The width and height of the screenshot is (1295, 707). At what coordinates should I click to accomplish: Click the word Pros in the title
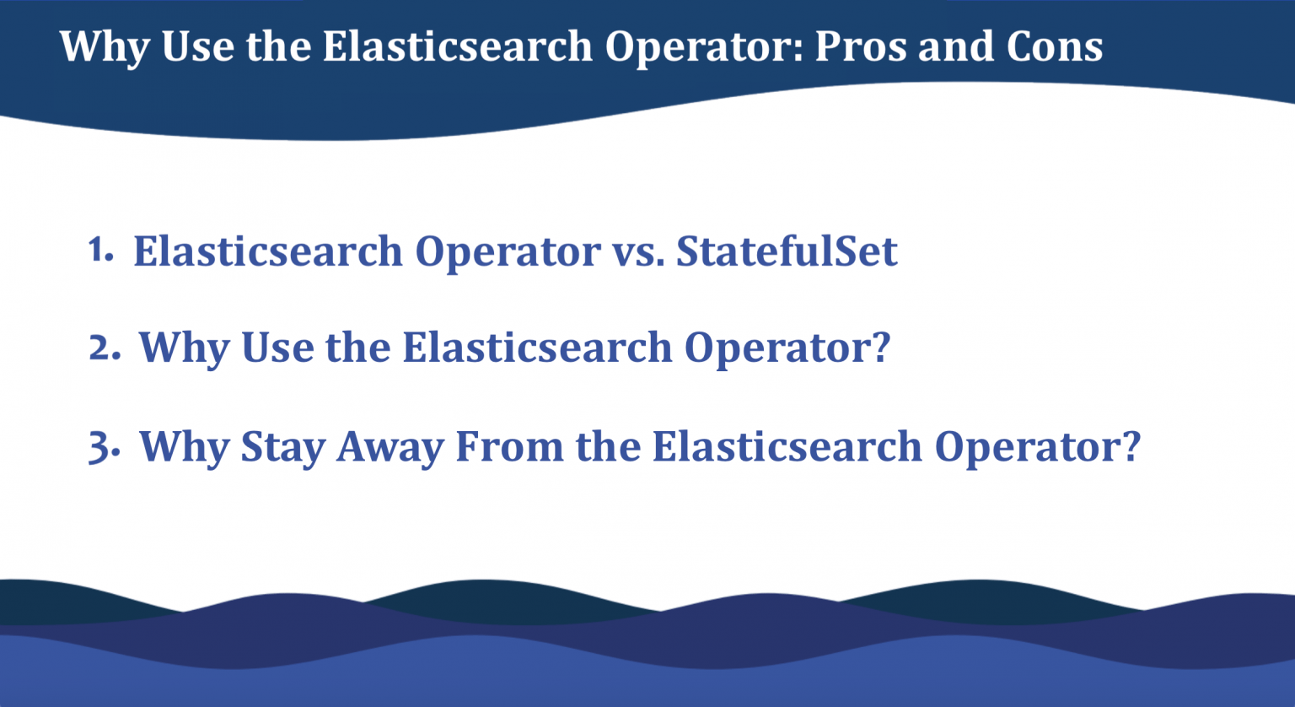861,46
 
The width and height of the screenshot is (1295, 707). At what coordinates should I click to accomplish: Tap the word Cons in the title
1055,46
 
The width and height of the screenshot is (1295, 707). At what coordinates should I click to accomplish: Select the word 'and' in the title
956,46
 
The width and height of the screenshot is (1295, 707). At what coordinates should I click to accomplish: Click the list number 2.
105,347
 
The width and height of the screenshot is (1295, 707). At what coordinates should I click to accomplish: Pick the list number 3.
104,446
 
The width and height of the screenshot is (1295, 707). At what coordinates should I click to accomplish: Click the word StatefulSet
787,251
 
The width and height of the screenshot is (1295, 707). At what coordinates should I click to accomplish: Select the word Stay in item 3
282,447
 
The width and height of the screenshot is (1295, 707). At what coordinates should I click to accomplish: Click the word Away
390,447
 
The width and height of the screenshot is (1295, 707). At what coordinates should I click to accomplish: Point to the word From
509,446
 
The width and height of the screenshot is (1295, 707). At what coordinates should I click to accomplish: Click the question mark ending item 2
880,346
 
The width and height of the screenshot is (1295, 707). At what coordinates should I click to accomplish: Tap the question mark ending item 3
1131,445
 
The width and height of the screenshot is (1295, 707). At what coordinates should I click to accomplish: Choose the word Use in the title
198,46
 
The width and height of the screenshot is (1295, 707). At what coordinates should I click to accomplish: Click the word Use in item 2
277,347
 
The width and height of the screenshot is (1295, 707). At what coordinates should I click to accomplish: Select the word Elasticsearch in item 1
268,251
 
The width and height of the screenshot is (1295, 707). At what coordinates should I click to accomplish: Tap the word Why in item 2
185,348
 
